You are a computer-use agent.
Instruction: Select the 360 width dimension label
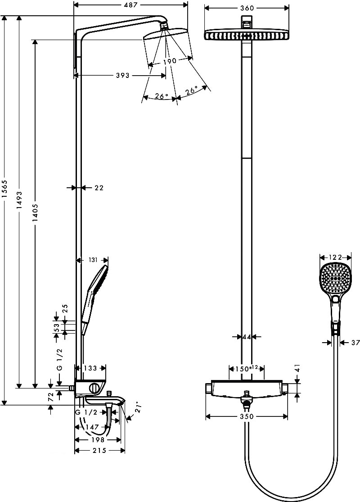click(247, 8)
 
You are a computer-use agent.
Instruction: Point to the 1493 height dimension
click(19, 200)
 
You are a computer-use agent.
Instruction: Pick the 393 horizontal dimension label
click(122, 76)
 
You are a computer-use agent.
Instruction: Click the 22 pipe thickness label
click(99, 188)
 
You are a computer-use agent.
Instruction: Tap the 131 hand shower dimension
click(93, 260)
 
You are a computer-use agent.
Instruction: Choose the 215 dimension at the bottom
click(99, 451)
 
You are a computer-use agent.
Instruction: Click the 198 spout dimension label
click(98, 439)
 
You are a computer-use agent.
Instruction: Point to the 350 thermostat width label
click(247, 416)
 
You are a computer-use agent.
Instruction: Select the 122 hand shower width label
click(335, 257)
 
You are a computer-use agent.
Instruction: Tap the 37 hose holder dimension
click(355, 343)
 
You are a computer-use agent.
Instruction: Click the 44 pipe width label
click(247, 337)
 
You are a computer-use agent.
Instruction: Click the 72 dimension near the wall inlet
click(50, 397)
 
